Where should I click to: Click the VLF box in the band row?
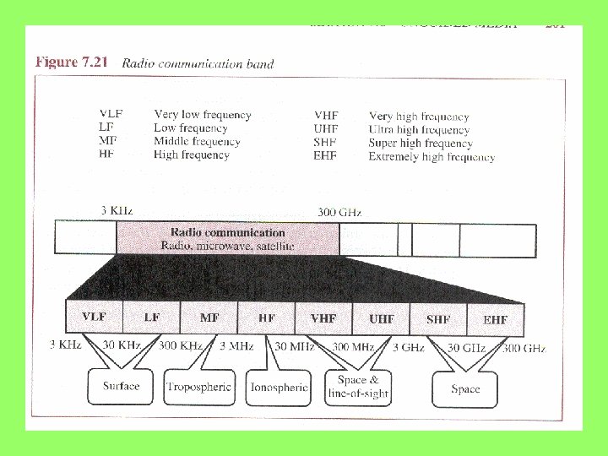[x=94, y=318]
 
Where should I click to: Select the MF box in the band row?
[x=209, y=318]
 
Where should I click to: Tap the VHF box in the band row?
[x=323, y=318]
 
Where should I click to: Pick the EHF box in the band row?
[x=495, y=319]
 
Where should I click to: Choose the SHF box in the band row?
[x=438, y=319]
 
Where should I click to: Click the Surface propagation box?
[x=121, y=387]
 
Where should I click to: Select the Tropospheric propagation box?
[x=199, y=387]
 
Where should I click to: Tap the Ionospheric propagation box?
[x=279, y=388]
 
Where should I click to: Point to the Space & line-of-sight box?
[x=358, y=387]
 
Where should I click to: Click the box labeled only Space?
[x=465, y=388]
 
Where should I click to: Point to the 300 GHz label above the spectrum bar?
[x=339, y=212]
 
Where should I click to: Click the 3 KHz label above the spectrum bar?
[x=117, y=210]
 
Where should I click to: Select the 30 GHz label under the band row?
[x=465, y=348]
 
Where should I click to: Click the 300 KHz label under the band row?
[x=179, y=346]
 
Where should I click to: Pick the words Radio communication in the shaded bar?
[x=228, y=232]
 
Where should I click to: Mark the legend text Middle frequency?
[x=197, y=142]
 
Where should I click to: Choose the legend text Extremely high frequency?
[x=432, y=157]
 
